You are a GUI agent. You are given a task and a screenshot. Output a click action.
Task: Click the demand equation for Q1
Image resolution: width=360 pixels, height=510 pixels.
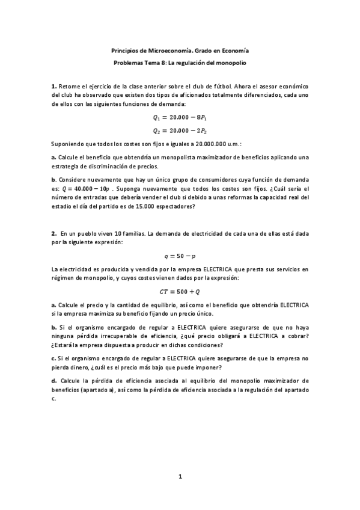point(180,117)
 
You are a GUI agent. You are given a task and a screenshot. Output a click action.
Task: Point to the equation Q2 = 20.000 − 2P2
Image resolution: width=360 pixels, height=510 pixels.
point(180,130)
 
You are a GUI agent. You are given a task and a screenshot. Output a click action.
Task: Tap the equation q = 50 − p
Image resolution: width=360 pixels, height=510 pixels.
point(180,255)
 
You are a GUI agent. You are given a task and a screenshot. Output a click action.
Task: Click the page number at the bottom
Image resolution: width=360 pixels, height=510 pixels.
point(180,478)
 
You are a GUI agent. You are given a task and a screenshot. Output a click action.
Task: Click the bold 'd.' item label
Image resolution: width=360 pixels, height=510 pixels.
point(54,381)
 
